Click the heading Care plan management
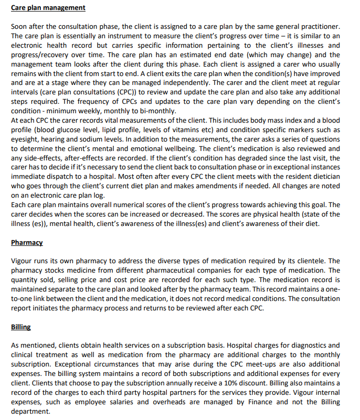48,8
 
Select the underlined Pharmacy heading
27,243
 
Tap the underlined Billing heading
21,327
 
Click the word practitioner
316,26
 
